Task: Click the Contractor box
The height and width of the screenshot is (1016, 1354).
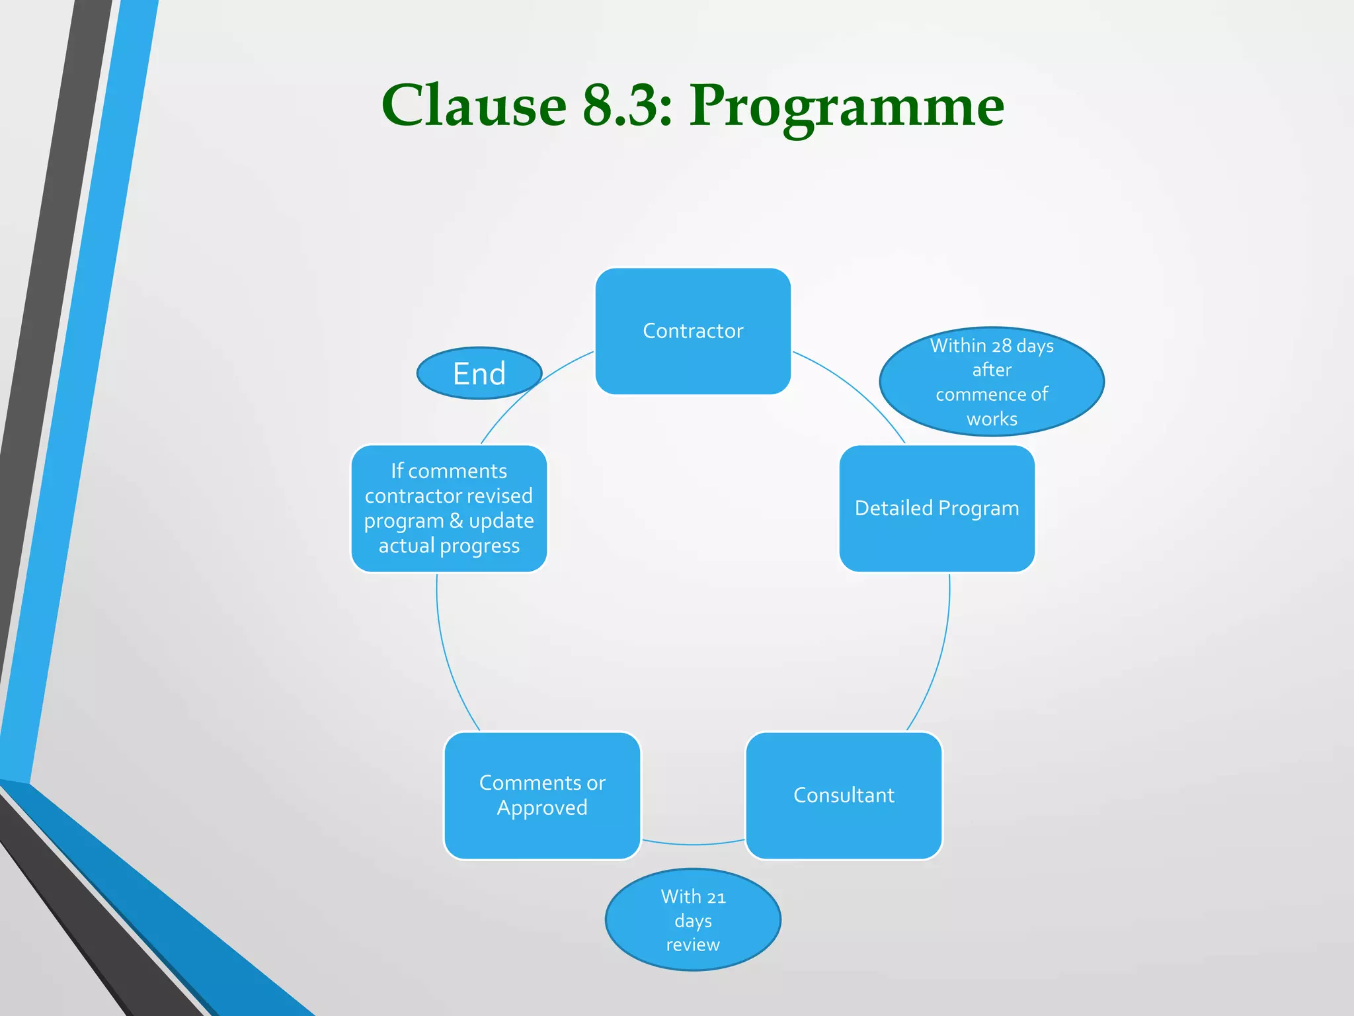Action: pos(693,331)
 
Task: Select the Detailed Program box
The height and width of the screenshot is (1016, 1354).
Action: pos(937,508)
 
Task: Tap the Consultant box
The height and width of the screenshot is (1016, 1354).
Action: pos(844,795)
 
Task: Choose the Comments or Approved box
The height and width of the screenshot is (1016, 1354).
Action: pos(542,795)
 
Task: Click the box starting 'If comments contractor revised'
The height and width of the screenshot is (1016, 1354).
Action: pos(449,508)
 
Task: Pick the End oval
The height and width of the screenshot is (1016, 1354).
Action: pos(479,373)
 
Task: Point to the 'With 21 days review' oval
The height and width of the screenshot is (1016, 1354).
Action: pos(693,920)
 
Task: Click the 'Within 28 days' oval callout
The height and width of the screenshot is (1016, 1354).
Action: pos(992,382)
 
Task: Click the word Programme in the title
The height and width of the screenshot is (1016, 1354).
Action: pos(846,106)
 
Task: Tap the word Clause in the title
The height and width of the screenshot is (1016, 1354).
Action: pos(473,106)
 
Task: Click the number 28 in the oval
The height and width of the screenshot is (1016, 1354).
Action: pos(1001,346)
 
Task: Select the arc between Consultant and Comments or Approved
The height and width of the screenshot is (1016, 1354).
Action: pos(693,845)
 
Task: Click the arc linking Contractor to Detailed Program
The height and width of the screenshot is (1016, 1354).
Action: pos(859,390)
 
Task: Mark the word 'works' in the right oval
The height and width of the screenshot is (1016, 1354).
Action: pos(992,419)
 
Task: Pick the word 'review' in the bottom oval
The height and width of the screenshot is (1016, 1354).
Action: pos(693,945)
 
